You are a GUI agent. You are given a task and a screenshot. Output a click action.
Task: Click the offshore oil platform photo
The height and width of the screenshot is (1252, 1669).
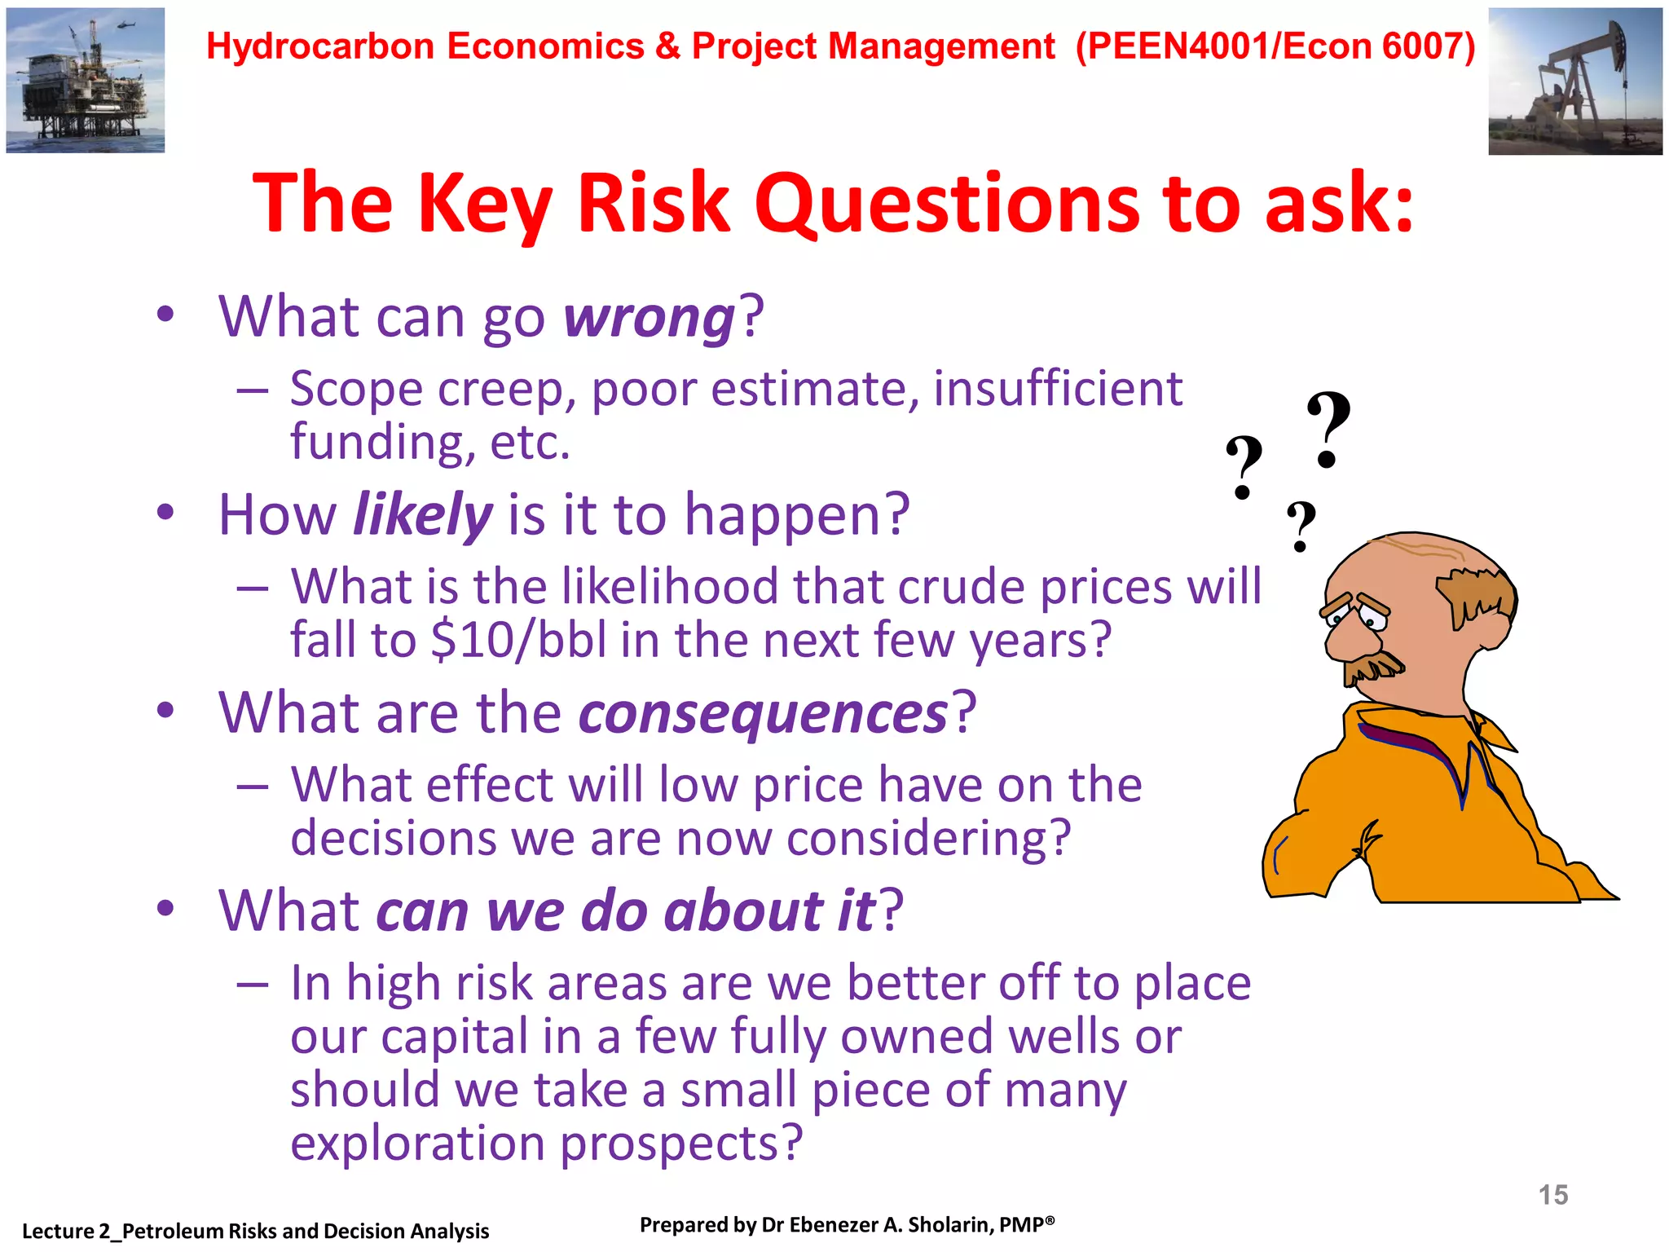[86, 80]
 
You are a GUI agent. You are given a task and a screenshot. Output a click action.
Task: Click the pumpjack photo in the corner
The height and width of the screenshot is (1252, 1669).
[1574, 82]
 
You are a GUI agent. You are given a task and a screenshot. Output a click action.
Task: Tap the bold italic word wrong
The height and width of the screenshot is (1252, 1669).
[650, 317]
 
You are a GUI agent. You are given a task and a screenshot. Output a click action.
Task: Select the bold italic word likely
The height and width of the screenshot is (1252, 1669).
[422, 515]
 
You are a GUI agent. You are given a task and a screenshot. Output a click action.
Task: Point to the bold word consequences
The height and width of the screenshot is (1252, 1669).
[763, 713]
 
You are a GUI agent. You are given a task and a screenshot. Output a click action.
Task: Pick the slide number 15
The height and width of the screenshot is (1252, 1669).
[1552, 1195]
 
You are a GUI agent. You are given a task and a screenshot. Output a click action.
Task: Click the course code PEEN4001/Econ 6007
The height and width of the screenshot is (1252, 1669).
[1275, 46]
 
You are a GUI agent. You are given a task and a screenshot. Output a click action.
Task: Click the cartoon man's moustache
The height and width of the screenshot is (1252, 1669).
[1374, 668]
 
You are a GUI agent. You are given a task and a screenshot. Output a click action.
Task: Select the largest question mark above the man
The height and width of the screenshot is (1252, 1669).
[1328, 429]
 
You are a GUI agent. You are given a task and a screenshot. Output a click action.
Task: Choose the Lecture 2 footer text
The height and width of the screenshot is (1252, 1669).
[255, 1231]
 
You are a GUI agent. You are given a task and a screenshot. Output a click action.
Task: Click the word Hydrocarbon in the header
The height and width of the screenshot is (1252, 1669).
[320, 46]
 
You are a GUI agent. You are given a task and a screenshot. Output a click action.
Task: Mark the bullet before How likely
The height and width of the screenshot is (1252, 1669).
[165, 513]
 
